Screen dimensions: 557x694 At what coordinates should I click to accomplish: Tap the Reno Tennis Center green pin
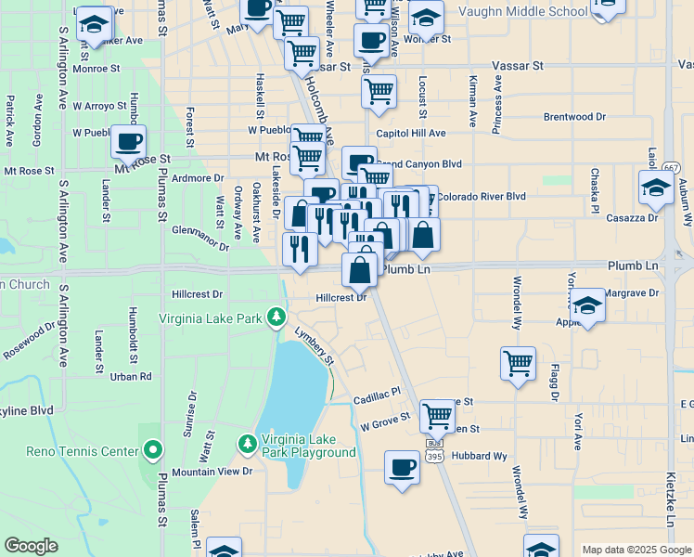pos(154,452)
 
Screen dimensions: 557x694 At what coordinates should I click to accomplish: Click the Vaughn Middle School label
pos(522,11)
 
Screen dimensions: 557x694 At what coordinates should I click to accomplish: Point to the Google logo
pos(31,546)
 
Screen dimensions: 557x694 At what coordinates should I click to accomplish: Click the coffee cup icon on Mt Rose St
pos(129,142)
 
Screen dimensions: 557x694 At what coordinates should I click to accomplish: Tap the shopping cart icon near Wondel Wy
pos(518,363)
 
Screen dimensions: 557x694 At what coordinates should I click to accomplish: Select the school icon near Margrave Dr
pos(587,305)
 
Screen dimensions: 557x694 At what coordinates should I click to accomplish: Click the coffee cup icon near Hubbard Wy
pos(402,467)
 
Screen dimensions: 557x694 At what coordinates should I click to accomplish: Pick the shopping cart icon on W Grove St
pos(437,416)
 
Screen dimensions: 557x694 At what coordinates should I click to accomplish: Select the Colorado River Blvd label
pos(482,196)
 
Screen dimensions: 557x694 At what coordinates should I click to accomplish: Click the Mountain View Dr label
pos(212,472)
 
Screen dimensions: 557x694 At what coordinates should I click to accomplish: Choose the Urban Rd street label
pos(131,377)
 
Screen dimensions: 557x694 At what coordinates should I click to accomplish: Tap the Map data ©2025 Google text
pos(636,550)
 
